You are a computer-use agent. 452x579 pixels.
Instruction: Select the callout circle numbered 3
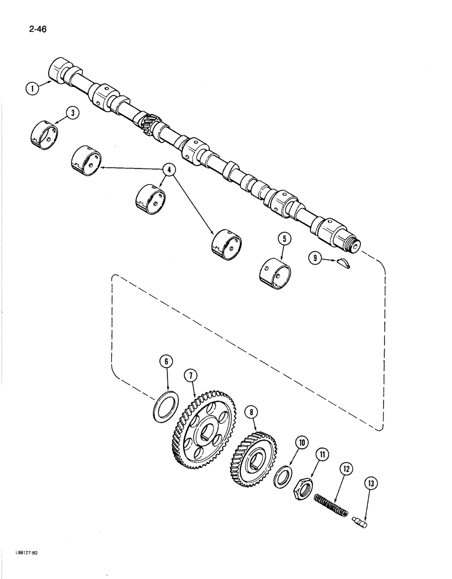(72, 113)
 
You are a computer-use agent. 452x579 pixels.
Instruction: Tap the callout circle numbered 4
(169, 170)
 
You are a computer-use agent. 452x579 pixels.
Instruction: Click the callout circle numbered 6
(166, 362)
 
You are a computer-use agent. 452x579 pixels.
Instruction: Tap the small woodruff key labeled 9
(344, 264)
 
